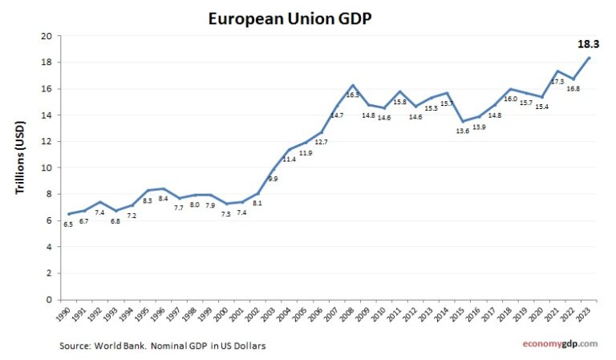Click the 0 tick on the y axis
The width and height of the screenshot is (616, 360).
(x=50, y=299)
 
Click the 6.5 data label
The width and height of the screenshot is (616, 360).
(x=68, y=225)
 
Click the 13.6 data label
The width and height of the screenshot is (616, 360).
(x=463, y=131)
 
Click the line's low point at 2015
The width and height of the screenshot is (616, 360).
(x=463, y=121)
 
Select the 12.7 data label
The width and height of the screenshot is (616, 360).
(x=322, y=142)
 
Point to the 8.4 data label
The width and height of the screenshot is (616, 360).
(x=163, y=199)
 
